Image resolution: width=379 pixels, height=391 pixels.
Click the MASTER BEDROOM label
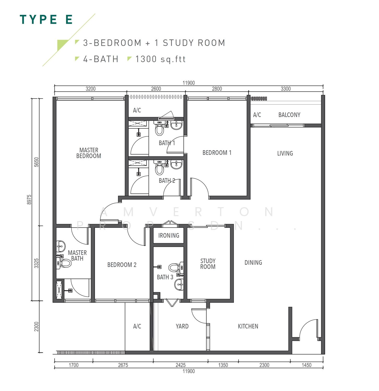pyautogui.click(x=89, y=153)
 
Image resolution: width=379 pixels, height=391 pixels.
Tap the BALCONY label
pyautogui.click(x=289, y=115)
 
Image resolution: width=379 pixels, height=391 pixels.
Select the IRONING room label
pyautogui.click(x=169, y=236)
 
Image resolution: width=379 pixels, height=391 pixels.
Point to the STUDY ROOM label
pyautogui.click(x=208, y=264)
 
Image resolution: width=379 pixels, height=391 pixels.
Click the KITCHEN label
pyautogui.click(x=248, y=326)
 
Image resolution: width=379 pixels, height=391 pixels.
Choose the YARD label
pyautogui.click(x=182, y=326)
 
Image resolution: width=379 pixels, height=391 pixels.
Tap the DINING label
pyautogui.click(x=253, y=263)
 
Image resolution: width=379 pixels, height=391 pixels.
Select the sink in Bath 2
pyautogui.click(x=176, y=164)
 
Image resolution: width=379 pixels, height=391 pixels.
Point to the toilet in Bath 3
pyautogui.click(x=174, y=268)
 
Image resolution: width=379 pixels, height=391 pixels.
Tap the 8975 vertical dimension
pyautogui.click(x=29, y=200)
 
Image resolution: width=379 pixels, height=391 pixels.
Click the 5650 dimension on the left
pyautogui.click(x=37, y=162)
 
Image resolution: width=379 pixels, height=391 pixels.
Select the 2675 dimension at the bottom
pyautogui.click(x=123, y=365)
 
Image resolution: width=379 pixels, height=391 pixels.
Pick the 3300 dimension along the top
pyautogui.click(x=286, y=89)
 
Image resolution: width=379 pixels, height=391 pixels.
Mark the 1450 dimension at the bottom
pyautogui.click(x=306, y=365)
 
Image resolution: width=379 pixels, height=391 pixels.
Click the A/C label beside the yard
pyautogui.click(x=137, y=326)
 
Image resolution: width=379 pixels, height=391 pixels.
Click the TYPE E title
pyautogui.click(x=46, y=20)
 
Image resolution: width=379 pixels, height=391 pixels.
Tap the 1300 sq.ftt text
pyautogui.click(x=160, y=59)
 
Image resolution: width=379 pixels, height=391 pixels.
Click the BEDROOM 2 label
pyautogui.click(x=122, y=265)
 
